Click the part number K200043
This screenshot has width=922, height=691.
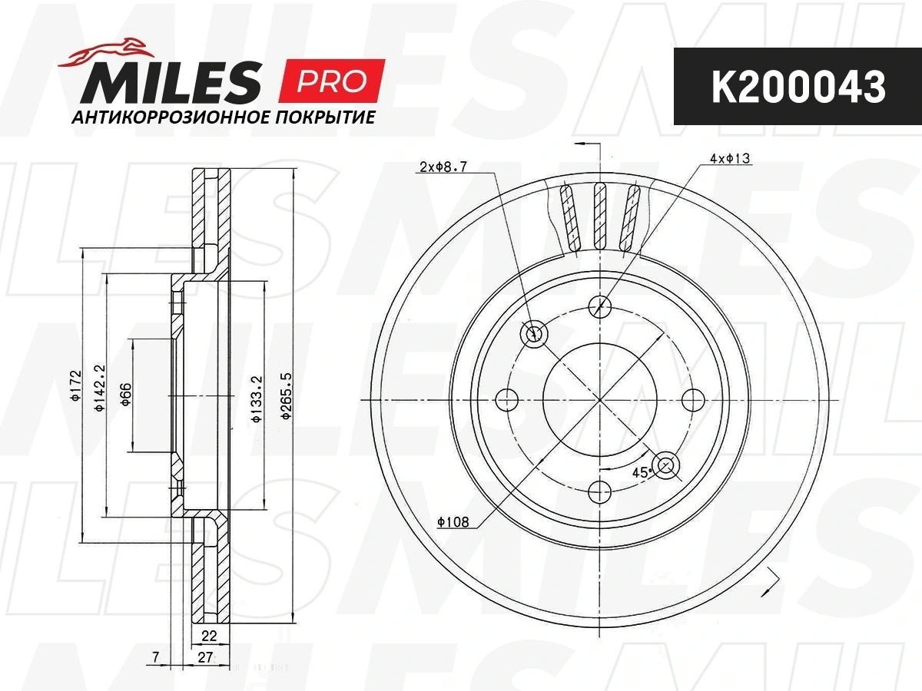click(x=798, y=87)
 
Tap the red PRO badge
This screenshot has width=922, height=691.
click(x=331, y=81)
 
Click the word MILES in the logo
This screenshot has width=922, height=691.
click(x=170, y=82)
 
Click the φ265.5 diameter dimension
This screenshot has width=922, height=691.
click(x=287, y=395)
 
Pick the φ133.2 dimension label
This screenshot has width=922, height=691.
click(x=257, y=398)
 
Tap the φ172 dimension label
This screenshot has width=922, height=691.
click(x=76, y=385)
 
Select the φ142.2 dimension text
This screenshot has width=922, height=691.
click(x=100, y=388)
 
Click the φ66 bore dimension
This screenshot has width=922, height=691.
click(x=126, y=395)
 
